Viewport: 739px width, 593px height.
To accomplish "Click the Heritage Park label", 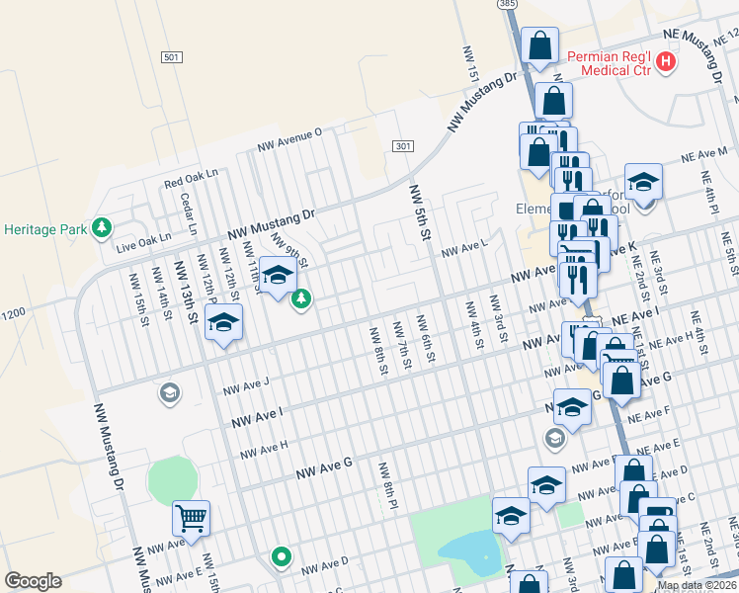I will (x=44, y=229).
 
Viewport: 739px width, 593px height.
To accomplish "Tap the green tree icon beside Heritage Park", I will (x=101, y=229).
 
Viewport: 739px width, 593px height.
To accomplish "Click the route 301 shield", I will (x=401, y=146).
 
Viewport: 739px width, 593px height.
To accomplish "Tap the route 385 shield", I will (x=509, y=5).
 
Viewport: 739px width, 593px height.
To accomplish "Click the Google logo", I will (x=33, y=580).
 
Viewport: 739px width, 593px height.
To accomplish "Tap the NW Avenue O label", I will (x=290, y=139).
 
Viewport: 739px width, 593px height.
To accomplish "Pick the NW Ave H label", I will (x=262, y=448).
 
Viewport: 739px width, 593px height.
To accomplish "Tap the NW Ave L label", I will (x=464, y=249).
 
